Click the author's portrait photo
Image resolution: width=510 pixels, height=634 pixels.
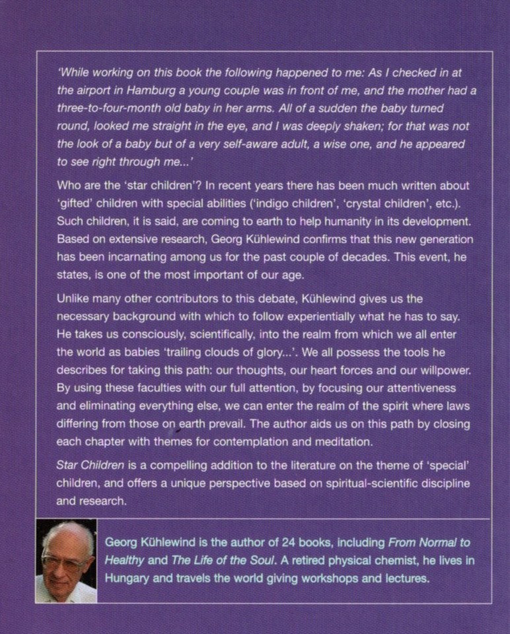click(x=66, y=561)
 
